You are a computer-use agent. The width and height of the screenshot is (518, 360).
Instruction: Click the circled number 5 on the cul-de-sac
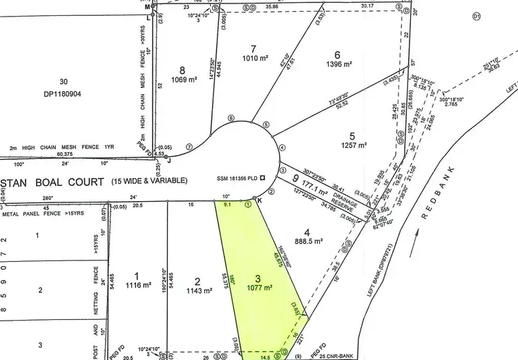pos(266,124)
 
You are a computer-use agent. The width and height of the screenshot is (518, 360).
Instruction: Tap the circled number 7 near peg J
pos(190,147)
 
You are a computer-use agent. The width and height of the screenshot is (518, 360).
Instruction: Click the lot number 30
pos(64,82)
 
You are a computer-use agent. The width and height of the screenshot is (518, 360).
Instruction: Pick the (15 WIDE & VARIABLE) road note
pos(149,181)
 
